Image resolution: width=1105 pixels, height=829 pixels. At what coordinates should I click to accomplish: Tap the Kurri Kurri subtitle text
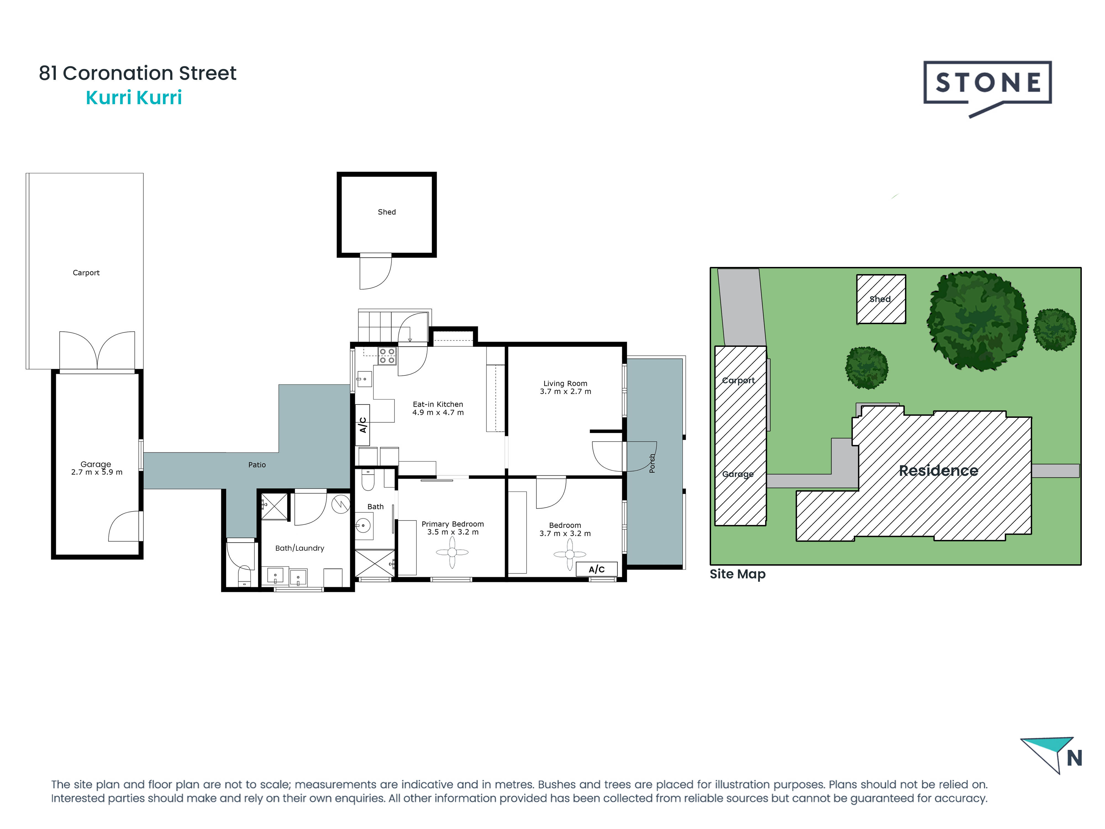(134, 98)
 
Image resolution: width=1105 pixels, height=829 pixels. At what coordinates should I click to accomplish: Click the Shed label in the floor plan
(387, 212)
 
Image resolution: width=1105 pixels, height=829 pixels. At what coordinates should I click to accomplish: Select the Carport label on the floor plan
(86, 273)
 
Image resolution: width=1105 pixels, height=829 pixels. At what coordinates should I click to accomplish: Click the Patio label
(257, 465)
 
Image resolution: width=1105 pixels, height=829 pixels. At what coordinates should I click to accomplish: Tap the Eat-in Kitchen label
(438, 404)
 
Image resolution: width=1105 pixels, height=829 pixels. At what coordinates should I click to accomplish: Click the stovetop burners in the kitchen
(387, 356)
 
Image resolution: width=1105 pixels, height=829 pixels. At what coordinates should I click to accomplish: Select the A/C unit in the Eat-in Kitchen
(363, 425)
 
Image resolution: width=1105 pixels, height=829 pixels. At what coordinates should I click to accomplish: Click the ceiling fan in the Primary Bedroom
(452, 552)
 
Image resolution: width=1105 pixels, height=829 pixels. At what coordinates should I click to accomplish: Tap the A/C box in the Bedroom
(596, 569)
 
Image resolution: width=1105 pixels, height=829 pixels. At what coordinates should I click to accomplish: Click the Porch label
(652, 463)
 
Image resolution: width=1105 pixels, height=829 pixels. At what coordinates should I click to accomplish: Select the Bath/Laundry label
(300, 548)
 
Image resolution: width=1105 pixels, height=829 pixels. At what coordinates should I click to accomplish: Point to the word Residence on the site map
(938, 471)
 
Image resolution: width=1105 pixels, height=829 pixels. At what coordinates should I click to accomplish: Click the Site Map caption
(737, 574)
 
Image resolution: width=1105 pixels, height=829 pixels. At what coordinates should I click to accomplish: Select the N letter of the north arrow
(1075, 759)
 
